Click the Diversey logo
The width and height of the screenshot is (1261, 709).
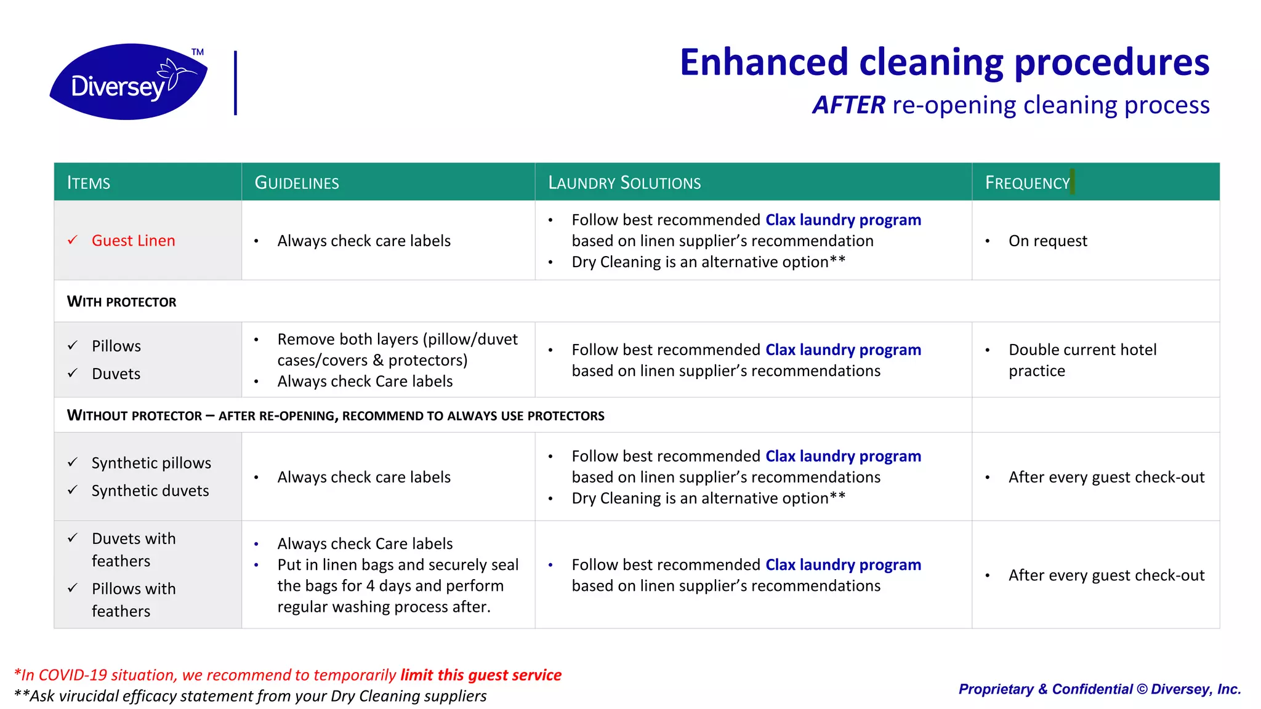128,82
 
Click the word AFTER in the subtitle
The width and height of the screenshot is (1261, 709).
848,105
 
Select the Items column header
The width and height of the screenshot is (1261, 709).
89,183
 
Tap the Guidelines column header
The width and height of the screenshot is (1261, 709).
297,183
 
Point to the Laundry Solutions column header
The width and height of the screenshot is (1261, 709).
624,183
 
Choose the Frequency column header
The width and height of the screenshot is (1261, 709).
1027,183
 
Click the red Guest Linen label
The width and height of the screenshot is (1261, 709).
133,241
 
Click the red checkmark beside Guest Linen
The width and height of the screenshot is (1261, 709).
73,240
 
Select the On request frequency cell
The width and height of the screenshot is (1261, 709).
1047,241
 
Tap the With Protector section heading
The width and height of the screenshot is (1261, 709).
122,302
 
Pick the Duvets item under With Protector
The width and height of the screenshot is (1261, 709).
116,374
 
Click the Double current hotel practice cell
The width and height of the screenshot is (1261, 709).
1082,360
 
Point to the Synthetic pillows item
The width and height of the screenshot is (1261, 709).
151,463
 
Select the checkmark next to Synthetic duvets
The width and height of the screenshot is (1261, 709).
73,490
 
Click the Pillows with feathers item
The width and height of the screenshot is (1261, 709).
133,599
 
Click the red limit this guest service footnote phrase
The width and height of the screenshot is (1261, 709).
480,675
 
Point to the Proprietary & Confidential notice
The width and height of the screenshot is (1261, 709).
1099,689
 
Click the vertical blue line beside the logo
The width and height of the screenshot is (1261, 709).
235,83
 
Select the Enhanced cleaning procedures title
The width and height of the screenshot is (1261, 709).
945,62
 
